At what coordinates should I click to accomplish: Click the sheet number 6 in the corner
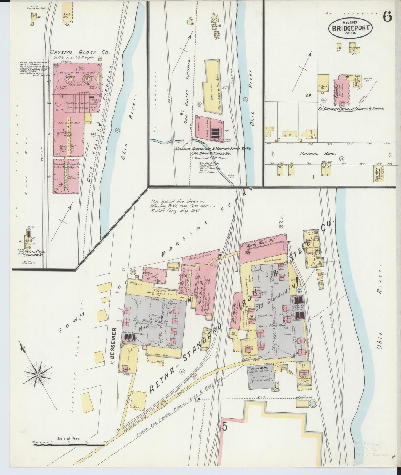click(x=387, y=17)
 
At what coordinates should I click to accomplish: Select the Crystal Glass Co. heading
click(x=80, y=52)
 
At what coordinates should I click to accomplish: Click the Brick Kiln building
click(x=67, y=12)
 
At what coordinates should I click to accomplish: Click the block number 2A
click(x=308, y=96)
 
